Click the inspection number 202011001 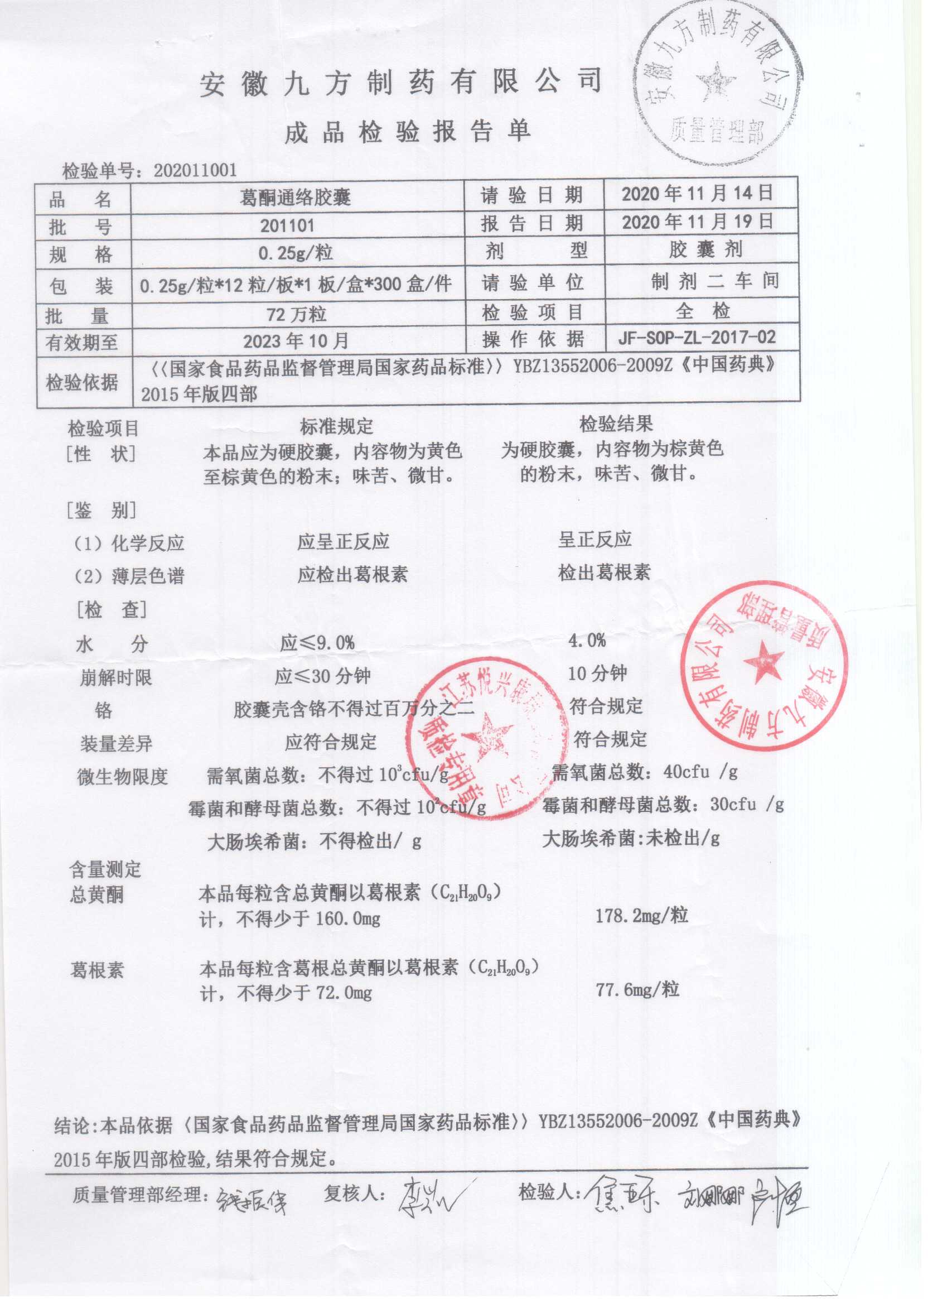click(195, 170)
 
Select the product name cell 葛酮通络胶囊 click(295, 198)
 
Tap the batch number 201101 click(287, 225)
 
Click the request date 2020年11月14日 click(697, 193)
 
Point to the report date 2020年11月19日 click(697, 222)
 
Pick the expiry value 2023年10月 click(296, 341)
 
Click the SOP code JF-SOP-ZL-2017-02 click(697, 338)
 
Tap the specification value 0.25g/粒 click(296, 253)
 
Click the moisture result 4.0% click(587, 641)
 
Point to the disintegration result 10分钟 click(597, 673)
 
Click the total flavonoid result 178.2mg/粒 click(642, 915)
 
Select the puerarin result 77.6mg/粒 click(637, 989)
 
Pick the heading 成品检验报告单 click(408, 132)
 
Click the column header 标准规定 click(337, 425)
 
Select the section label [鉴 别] click(101, 510)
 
